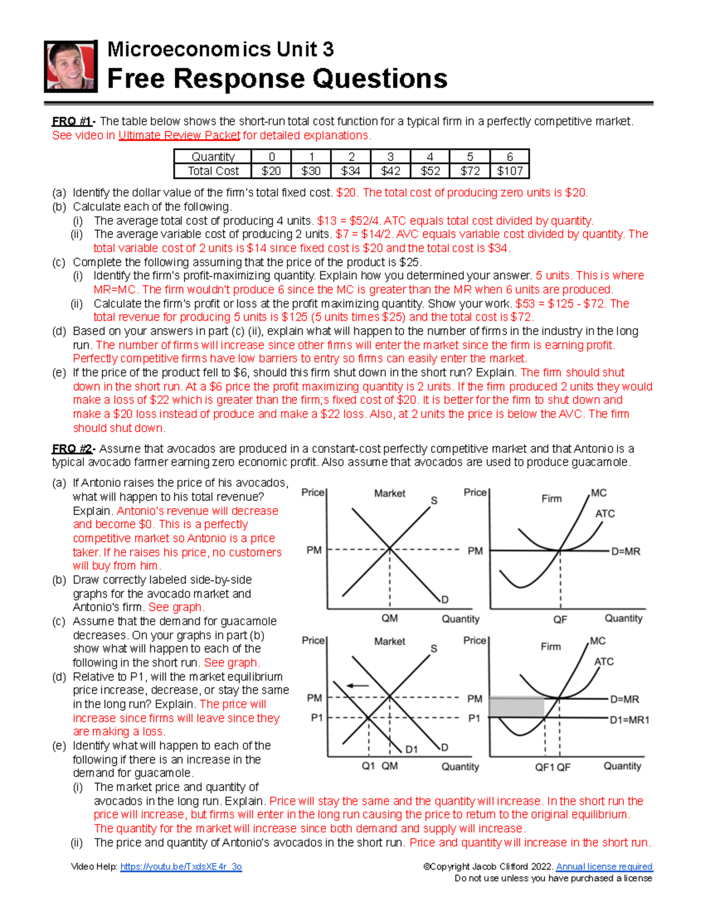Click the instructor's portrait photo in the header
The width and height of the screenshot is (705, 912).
[70, 66]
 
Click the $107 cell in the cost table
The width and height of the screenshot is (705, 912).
[509, 171]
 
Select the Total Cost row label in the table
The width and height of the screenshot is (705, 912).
[213, 171]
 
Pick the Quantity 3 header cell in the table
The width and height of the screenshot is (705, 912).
[390, 157]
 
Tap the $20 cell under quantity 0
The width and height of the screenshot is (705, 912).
[271, 171]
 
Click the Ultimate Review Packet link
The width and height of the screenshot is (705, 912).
[179, 136]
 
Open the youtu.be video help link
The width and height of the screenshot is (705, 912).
[181, 867]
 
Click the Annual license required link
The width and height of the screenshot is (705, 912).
[604, 867]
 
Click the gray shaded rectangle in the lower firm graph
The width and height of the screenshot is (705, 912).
[516, 707]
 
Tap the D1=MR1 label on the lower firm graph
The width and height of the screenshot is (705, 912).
[629, 720]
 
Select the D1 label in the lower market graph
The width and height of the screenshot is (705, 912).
[411, 749]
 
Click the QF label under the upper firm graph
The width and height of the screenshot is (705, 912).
[560, 620]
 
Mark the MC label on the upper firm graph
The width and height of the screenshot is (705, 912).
[599, 493]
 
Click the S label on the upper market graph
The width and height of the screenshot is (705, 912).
[434, 500]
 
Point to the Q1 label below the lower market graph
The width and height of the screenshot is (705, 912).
[368, 766]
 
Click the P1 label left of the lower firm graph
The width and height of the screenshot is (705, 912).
[474, 718]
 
